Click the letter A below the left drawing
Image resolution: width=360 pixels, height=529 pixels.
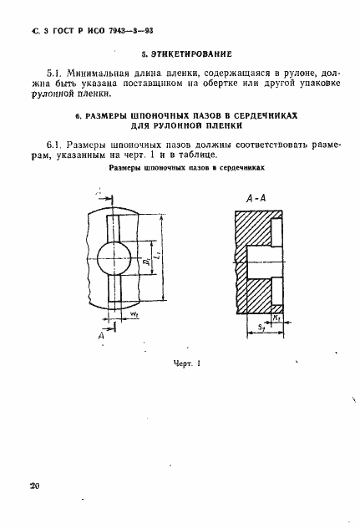pos(103,335)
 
